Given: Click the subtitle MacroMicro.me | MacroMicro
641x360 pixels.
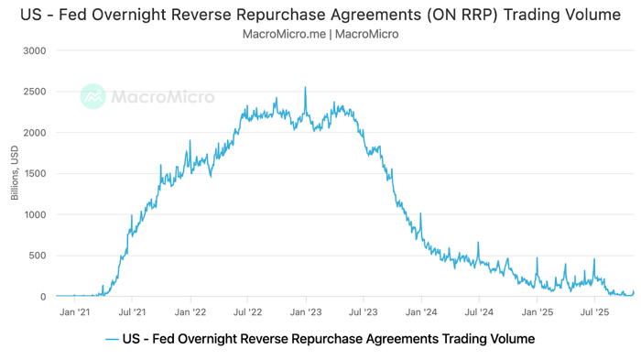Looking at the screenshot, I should pos(320,34).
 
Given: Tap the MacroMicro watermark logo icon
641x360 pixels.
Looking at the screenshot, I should pos(92,96).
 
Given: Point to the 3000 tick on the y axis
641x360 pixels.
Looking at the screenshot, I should pos(34,50).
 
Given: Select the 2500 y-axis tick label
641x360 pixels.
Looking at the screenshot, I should pos(34,92).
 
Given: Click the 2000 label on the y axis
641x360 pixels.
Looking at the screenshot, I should pos(34,133).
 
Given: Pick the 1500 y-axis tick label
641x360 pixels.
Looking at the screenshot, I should pos(34,174).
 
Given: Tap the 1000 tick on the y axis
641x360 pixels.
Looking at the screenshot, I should pos(34,215).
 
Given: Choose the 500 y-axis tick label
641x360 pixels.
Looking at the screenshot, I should pos(37,256).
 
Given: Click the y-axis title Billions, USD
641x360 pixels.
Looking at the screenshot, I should pos(14,174).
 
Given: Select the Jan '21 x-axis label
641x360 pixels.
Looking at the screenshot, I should pos(74,311).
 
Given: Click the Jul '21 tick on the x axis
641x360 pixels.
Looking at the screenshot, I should pos(132,311).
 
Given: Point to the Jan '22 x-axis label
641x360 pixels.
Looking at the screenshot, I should pos(190,311).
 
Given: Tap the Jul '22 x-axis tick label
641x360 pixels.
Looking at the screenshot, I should pos(248,311).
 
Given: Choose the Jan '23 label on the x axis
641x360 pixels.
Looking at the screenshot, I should pos(307,311).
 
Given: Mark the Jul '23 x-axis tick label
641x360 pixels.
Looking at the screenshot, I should pos(364,311).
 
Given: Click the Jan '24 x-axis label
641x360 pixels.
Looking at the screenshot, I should pos(422,311).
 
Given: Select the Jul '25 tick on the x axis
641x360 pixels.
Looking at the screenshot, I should pos(596,311).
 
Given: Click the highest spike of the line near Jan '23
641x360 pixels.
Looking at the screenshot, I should pos(305,88).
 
